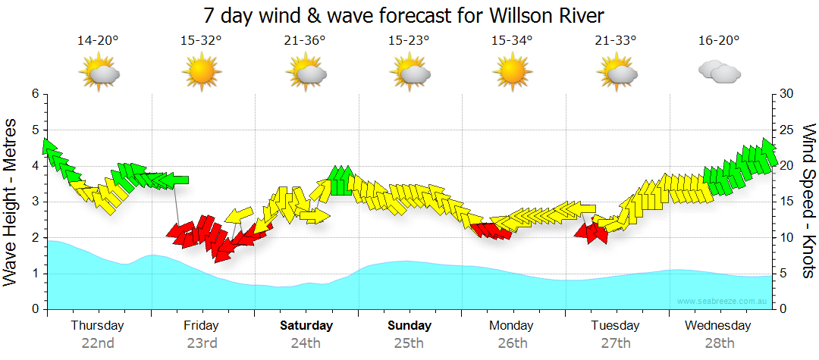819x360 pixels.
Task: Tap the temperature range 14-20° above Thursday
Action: pos(98,41)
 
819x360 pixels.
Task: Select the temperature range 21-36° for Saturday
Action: pos(305,41)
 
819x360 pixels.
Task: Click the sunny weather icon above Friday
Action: pos(202,73)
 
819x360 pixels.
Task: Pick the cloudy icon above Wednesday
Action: pos(719,72)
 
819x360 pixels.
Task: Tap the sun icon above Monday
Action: pos(512,73)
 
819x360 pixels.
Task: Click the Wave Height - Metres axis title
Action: pos(12,202)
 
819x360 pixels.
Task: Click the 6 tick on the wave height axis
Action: pos(34,93)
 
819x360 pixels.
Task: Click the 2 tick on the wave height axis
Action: pos(34,238)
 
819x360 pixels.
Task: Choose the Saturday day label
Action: pos(306,326)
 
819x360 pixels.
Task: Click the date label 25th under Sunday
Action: pos(409,343)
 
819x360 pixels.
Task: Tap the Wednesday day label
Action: pos(717,326)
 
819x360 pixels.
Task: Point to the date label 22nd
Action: pos(98,343)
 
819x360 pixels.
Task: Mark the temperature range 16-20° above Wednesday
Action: pos(719,41)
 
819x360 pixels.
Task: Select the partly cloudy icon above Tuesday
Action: pos(616,73)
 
